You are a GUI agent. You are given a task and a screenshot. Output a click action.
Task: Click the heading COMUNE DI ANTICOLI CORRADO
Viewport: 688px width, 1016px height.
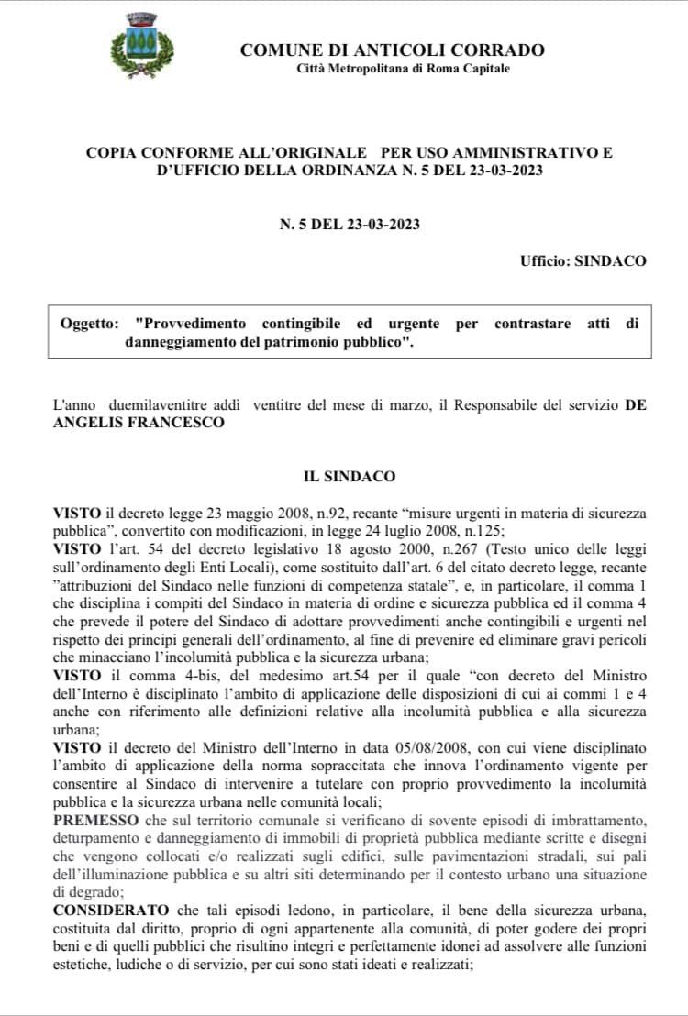tap(392, 50)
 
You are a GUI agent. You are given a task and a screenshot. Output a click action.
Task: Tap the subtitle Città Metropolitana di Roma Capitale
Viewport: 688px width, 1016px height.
tap(404, 69)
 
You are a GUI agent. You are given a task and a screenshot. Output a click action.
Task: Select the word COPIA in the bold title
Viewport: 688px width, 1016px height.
tap(112, 152)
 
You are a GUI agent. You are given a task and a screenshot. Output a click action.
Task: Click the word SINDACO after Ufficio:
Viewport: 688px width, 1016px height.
tap(610, 260)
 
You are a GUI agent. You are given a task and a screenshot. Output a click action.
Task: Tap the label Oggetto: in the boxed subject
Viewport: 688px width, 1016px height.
tap(89, 325)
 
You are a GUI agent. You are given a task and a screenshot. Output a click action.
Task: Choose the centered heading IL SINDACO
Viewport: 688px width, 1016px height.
tap(350, 477)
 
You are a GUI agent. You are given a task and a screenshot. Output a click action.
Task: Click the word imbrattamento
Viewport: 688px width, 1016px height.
tap(597, 817)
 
